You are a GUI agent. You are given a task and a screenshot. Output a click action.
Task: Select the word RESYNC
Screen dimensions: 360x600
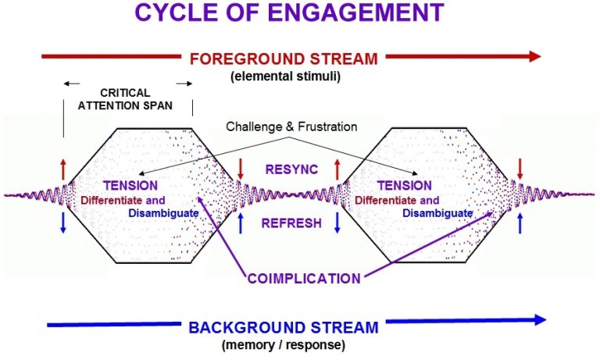pyautogui.click(x=291, y=168)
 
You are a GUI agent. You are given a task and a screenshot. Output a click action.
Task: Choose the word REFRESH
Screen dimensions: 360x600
pyautogui.click(x=291, y=223)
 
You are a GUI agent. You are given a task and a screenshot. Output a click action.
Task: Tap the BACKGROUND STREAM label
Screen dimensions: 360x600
pyautogui.click(x=284, y=326)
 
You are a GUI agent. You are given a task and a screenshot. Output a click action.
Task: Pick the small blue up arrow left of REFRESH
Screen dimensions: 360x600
pyautogui.click(x=241, y=223)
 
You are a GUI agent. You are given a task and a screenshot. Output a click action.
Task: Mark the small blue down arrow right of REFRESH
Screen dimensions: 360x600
pyautogui.click(x=337, y=223)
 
